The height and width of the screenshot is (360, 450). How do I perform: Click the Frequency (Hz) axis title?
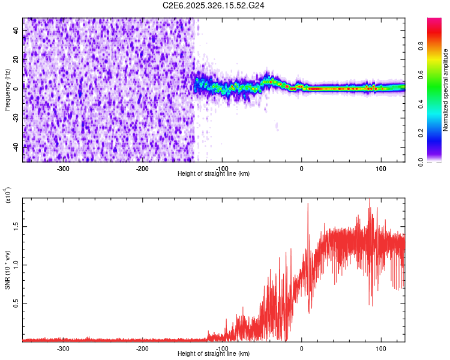tap(7, 90)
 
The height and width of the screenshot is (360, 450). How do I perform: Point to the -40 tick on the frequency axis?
tap(16, 146)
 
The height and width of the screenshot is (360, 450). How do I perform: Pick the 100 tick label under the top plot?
tap(380, 168)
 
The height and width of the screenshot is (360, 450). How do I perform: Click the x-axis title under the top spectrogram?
tap(214, 174)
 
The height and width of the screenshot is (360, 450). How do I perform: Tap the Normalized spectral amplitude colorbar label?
tap(445, 90)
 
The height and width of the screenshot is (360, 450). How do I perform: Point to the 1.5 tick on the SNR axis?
tap(16, 226)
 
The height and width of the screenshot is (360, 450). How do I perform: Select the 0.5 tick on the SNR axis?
tap(16, 304)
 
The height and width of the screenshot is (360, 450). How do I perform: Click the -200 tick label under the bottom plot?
tap(142, 348)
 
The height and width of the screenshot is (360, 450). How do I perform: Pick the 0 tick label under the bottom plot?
tap(302, 348)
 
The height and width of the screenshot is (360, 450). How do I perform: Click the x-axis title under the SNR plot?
tap(214, 354)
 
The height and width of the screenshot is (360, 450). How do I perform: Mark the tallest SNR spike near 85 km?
tap(370, 199)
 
